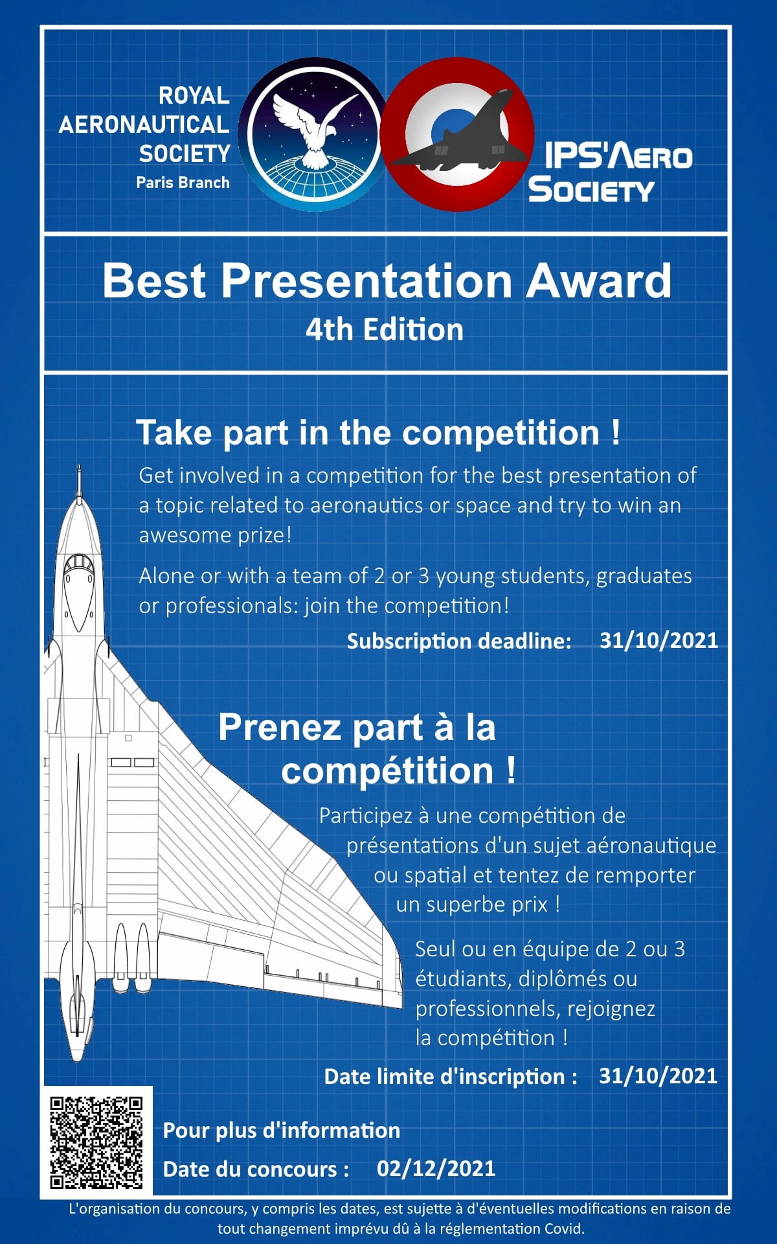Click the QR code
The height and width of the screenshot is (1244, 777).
(x=96, y=1142)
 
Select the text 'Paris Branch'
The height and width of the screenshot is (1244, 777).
(x=183, y=183)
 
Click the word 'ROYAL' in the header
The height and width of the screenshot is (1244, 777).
(x=194, y=96)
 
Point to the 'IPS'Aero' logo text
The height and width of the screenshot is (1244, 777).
(x=618, y=156)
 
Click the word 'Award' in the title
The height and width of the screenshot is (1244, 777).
(x=598, y=281)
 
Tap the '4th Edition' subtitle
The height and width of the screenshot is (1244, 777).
(x=385, y=330)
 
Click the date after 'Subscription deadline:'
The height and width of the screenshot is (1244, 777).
(x=659, y=640)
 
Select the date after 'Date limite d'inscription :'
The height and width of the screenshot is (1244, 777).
(x=658, y=1076)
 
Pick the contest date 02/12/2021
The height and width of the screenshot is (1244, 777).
(x=436, y=1168)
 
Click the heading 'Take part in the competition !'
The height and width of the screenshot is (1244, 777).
(x=378, y=433)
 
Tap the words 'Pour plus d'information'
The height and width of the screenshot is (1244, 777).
(x=281, y=1130)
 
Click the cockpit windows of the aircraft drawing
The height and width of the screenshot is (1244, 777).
(x=78, y=562)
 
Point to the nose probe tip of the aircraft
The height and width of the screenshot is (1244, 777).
(x=79, y=465)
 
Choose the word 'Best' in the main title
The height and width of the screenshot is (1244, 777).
(x=154, y=281)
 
